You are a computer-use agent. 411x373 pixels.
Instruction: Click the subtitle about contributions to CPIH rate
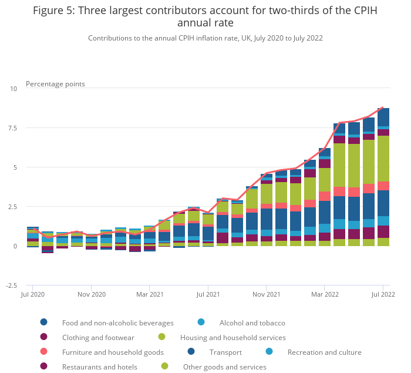point(206,38)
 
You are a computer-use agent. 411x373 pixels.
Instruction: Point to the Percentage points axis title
point(55,84)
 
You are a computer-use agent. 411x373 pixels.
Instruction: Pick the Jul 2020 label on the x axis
point(33,294)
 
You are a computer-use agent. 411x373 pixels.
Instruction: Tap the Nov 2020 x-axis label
point(91,294)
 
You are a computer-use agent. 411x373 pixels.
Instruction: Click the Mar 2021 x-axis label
point(149,294)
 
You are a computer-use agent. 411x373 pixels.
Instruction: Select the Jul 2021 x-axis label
point(208,294)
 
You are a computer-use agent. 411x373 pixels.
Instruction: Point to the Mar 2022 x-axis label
point(325,294)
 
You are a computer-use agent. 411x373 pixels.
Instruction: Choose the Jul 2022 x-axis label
point(383,294)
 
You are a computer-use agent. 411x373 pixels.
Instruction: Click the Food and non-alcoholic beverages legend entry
point(118,322)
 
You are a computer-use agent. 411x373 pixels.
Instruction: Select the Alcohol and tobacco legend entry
point(252,322)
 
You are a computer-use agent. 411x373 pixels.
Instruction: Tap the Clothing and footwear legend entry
point(98,338)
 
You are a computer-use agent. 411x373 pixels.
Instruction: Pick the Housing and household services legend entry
point(233,338)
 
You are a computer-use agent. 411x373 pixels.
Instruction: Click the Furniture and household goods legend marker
point(44,352)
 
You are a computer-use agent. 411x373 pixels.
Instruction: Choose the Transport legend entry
point(226,352)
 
